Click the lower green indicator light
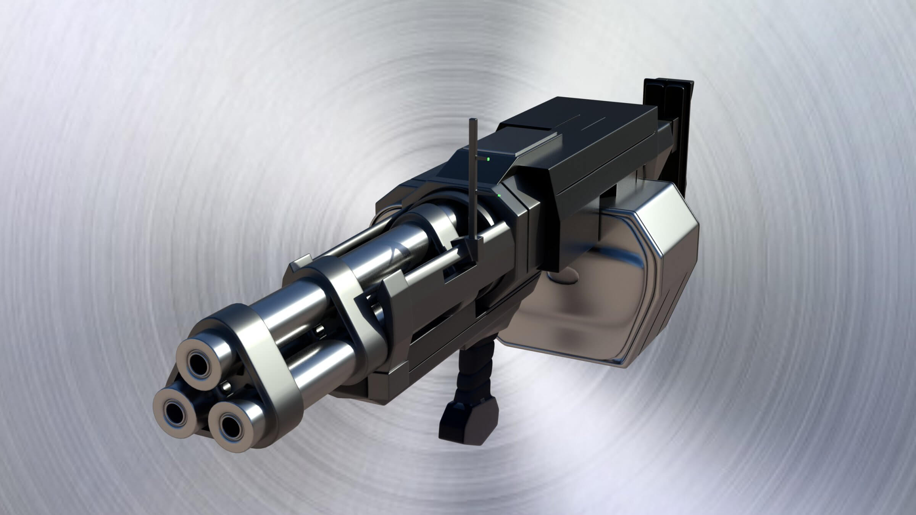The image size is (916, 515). click(x=499, y=196)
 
